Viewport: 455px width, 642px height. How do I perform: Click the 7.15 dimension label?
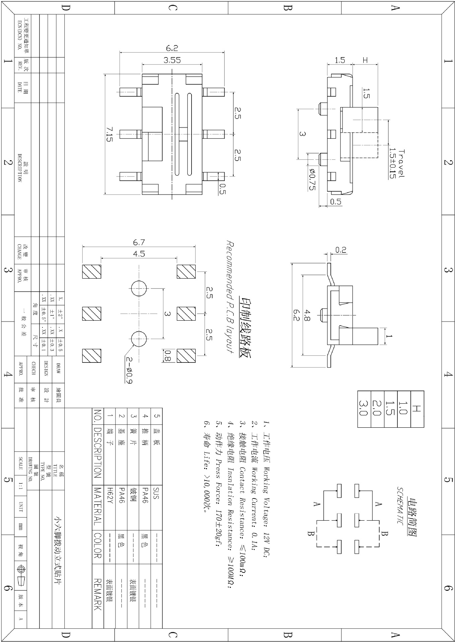coord(109,134)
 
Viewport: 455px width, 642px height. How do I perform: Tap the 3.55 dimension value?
coord(172,60)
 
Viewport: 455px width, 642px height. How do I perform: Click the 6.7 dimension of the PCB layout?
coord(139,243)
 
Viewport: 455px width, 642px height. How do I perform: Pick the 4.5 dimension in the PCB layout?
coord(139,254)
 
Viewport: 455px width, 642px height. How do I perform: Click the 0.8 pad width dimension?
coord(168,356)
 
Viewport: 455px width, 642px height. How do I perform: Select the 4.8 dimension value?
coord(307,314)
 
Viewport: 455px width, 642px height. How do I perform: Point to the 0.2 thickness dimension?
coord(341,250)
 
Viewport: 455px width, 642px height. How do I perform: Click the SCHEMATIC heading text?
coord(400,507)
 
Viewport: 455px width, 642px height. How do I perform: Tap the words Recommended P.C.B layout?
coord(230,296)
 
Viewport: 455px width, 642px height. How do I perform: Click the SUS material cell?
coord(156,493)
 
